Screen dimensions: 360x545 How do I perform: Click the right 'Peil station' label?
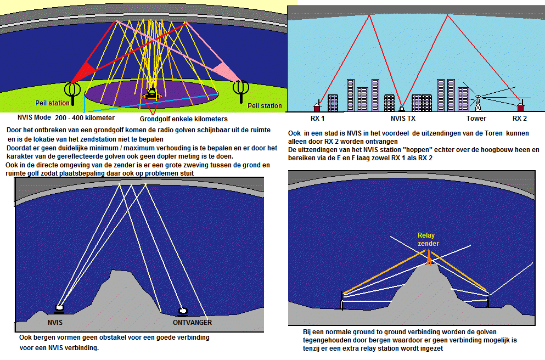(x=265, y=106)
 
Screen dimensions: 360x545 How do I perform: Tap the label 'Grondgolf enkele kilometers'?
(x=184, y=119)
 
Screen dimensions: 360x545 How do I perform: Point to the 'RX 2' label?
(x=520, y=119)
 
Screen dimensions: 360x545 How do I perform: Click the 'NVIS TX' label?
(x=403, y=119)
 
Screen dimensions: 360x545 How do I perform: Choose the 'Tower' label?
(x=476, y=119)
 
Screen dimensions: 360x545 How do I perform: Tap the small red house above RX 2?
(x=521, y=106)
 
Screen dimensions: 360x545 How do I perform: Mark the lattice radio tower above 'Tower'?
(x=477, y=102)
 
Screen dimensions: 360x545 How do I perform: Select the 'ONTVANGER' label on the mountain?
(x=192, y=322)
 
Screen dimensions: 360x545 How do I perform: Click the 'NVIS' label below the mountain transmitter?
(x=56, y=322)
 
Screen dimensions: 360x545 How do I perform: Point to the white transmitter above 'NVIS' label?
(x=59, y=309)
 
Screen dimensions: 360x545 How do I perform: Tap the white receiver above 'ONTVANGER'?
(x=183, y=311)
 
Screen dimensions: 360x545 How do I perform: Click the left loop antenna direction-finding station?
(x=71, y=91)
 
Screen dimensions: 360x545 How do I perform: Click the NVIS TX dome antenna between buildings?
(x=402, y=108)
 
